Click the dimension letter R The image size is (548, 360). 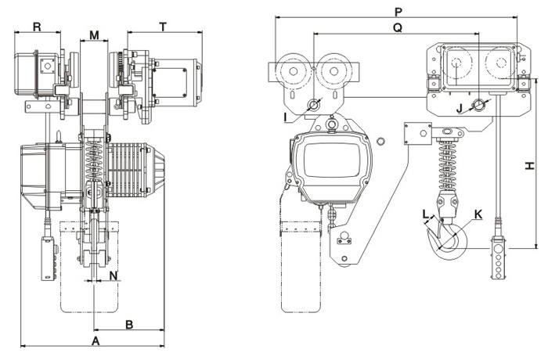37,27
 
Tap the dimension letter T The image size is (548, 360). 163,27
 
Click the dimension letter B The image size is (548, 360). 130,322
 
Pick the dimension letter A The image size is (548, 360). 96,342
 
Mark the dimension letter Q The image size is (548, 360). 397,27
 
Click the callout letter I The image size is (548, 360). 287,117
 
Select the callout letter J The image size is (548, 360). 460,107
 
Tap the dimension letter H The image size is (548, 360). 529,165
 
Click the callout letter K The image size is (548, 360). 478,212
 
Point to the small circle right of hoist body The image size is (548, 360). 380,142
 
